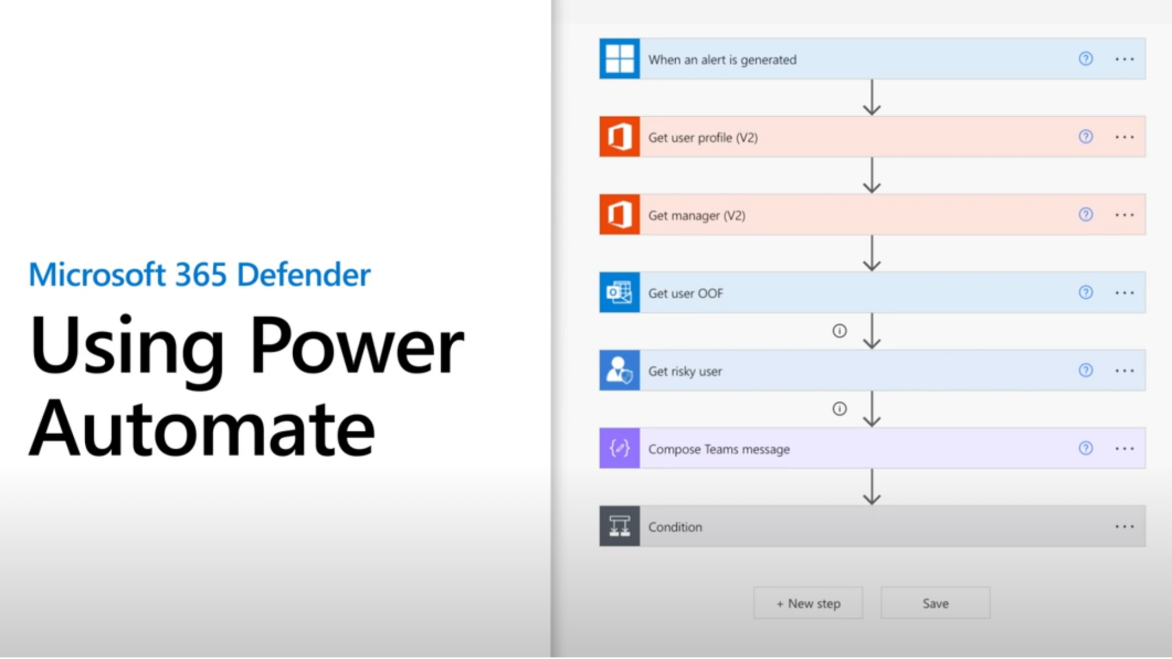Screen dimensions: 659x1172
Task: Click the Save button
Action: (x=935, y=603)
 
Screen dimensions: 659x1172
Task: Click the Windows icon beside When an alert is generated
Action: (x=619, y=59)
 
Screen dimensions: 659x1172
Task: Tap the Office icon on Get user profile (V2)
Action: (x=619, y=137)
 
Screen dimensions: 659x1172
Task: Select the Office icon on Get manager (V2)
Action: (x=619, y=215)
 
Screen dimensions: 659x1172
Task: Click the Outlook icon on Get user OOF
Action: (x=619, y=292)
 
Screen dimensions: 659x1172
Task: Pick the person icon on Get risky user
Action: (x=619, y=370)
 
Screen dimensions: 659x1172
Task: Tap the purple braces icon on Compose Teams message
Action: (x=619, y=448)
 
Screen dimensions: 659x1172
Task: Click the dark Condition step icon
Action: (x=619, y=526)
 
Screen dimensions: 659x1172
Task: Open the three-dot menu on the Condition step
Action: (x=1124, y=526)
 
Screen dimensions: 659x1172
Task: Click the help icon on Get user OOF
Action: (x=1086, y=292)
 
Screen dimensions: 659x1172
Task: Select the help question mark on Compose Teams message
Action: (x=1086, y=448)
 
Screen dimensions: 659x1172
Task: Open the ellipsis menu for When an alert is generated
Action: (x=1124, y=59)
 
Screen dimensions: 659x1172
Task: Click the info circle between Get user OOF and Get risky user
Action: (x=840, y=331)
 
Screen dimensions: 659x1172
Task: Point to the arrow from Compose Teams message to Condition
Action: (x=872, y=487)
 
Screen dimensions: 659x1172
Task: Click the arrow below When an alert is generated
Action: (x=872, y=97)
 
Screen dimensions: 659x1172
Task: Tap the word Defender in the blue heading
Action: (x=303, y=275)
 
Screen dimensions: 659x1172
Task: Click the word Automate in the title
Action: (x=202, y=429)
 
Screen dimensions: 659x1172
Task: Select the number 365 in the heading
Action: (x=201, y=275)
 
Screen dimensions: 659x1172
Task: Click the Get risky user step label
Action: (x=685, y=371)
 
